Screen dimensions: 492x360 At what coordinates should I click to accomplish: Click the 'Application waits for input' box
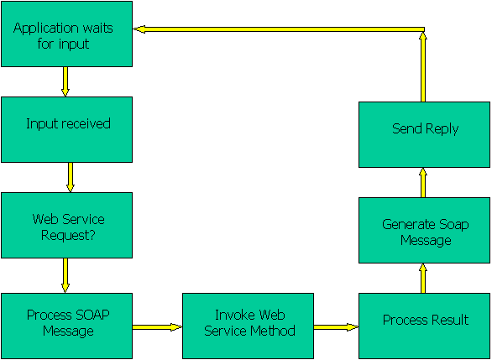click(x=66, y=34)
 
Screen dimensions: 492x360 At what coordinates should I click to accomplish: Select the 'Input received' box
click(x=66, y=129)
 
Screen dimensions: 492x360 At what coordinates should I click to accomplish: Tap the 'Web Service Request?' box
click(x=66, y=225)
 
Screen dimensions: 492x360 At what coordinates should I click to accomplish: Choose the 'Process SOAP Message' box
click(x=66, y=326)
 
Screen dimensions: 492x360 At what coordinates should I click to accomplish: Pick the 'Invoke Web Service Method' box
click(x=248, y=326)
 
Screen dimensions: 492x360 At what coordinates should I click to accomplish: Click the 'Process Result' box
click(x=424, y=326)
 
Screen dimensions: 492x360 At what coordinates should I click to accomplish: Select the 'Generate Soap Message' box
click(x=424, y=230)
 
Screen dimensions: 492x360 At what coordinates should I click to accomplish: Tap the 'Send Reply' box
click(x=424, y=134)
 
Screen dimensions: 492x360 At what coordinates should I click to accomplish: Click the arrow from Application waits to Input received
click(x=65, y=81)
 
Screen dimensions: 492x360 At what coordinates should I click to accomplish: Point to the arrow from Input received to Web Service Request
click(x=71, y=177)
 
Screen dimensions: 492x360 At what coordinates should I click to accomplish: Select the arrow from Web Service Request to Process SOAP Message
click(x=65, y=275)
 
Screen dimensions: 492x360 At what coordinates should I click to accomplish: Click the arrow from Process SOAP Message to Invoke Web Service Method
click(x=157, y=327)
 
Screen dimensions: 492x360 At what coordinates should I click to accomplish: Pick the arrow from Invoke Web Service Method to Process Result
click(x=336, y=327)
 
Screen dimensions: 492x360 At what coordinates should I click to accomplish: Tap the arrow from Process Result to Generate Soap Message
click(x=423, y=278)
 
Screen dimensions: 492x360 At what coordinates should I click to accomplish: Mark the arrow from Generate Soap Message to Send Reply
click(x=423, y=182)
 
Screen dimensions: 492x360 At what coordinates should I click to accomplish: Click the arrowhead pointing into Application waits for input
click(x=139, y=29)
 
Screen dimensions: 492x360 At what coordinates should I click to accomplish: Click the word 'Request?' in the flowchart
click(x=68, y=236)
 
